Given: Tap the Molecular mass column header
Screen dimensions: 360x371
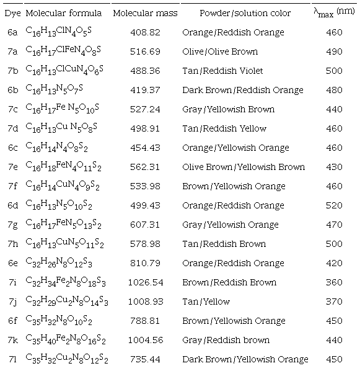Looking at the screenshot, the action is [146, 13].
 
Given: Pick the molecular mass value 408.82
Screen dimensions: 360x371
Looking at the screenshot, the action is [146, 32].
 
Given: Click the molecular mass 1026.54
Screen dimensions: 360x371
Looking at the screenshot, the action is [146, 282].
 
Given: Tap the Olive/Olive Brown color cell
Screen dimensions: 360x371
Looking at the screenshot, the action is [220, 51].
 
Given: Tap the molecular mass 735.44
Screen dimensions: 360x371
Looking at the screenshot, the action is [146, 359].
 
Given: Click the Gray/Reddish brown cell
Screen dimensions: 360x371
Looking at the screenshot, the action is [226, 340].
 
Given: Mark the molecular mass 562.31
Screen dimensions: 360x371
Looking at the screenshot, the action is [146, 167].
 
